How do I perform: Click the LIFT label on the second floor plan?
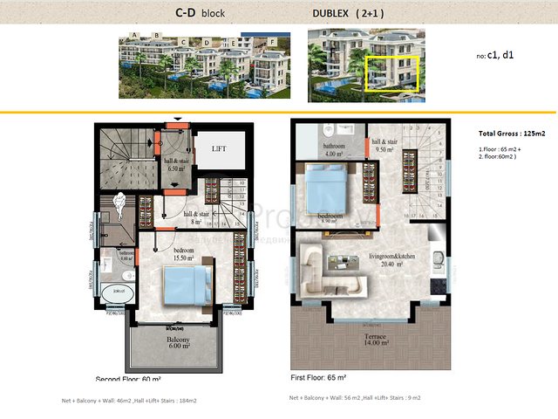(219, 149)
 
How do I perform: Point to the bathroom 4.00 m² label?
(335, 150)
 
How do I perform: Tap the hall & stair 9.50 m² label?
(384, 144)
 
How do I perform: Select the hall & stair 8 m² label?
(195, 216)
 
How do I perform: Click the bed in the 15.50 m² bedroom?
(188, 285)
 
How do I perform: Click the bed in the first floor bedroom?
(330, 186)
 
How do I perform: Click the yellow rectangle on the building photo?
(392, 73)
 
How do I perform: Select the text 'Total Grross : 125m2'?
(512, 134)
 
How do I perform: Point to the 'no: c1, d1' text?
(495, 54)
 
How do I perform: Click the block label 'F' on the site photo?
(272, 41)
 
